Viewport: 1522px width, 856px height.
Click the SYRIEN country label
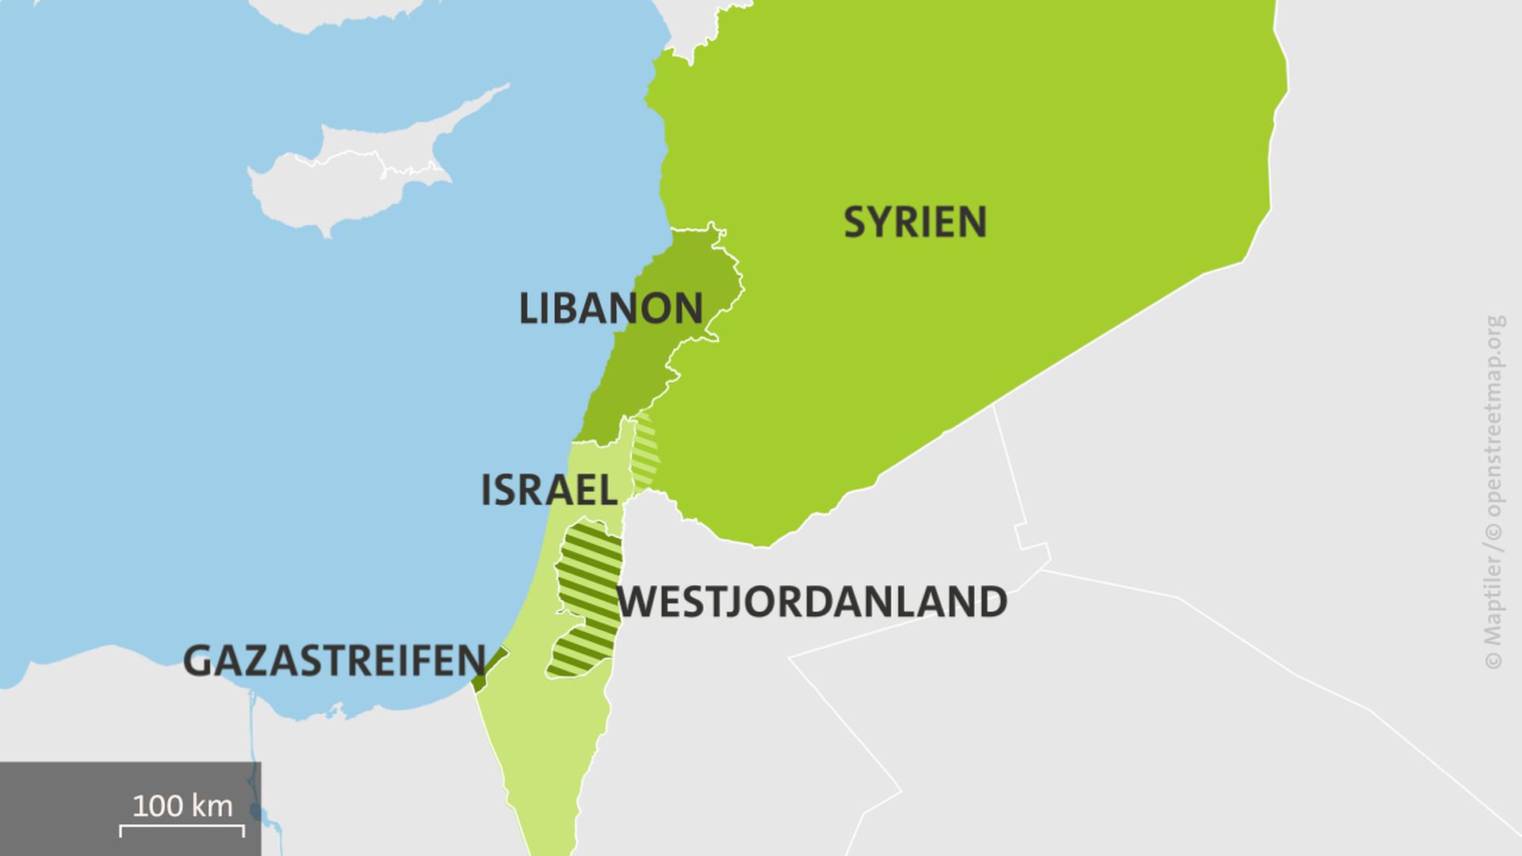[915, 222]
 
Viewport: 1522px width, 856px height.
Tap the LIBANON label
[610, 308]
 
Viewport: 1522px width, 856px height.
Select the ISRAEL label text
[549, 491]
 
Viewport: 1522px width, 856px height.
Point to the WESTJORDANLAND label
[812, 602]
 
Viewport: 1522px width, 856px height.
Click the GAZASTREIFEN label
[334, 661]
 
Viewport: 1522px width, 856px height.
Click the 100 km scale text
[182, 806]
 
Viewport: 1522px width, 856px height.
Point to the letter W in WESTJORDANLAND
[639, 602]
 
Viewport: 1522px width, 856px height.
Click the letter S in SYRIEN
[854, 222]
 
